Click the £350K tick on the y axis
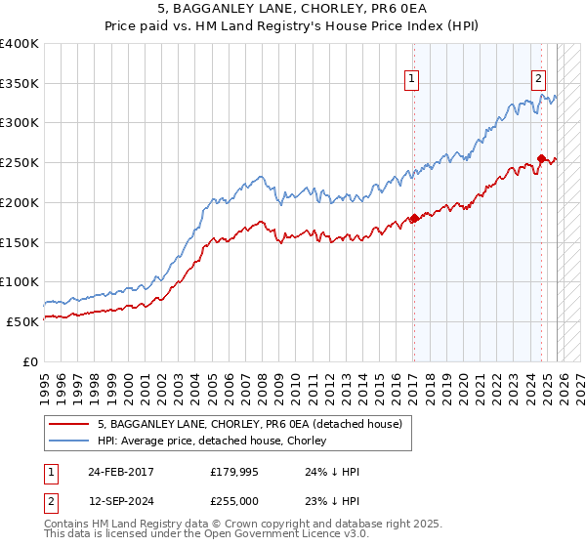20,84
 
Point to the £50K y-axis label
22,321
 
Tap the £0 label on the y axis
31,361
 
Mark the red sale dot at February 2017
413,218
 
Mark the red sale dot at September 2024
541,158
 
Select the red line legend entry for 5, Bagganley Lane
229,424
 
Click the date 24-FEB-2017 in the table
120,472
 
